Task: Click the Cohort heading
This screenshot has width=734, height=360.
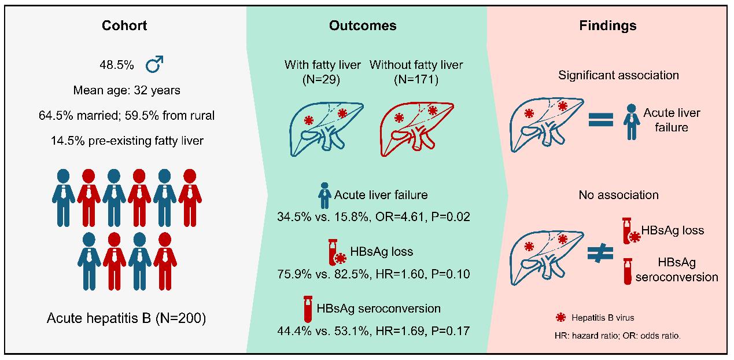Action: click(124, 25)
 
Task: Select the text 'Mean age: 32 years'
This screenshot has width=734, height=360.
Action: click(127, 90)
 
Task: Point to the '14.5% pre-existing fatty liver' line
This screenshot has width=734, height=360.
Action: click(127, 141)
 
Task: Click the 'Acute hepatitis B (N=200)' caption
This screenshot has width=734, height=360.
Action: click(127, 318)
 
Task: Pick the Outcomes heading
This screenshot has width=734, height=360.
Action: click(363, 25)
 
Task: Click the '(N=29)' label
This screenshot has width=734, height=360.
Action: click(321, 80)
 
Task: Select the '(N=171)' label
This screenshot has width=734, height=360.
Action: click(416, 80)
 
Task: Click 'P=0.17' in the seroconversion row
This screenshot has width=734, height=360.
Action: click(451, 331)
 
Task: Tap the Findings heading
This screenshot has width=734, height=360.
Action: click(608, 25)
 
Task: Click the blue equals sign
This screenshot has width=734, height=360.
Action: click(601, 120)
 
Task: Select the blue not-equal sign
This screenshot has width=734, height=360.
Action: click(600, 254)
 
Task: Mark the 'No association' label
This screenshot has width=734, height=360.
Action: click(619, 195)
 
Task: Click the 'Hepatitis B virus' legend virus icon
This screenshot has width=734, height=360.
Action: click(561, 317)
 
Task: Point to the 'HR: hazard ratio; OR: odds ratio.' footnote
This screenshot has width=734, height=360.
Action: click(618, 336)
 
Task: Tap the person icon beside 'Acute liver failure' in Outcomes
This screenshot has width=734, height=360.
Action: click(324, 196)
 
